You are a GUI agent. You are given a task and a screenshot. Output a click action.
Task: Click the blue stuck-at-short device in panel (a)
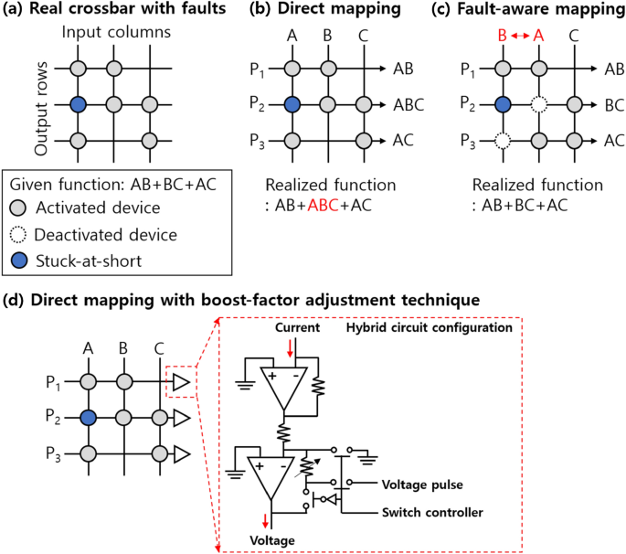tap(80, 104)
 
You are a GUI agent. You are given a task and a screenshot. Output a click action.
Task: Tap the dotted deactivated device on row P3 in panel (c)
tap(498, 141)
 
